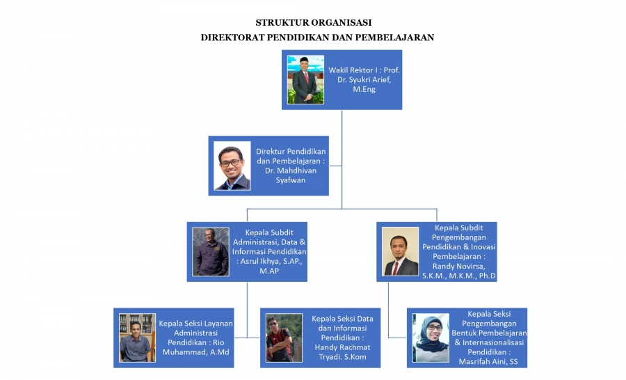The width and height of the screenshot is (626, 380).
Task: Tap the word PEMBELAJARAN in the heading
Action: pos(394,37)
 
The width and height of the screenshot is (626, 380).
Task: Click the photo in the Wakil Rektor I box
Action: pos(305,79)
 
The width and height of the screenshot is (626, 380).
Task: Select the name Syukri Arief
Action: pos(366,80)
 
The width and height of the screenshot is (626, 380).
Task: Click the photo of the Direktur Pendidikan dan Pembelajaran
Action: pos(232,166)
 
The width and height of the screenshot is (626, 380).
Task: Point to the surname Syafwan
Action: pos(290,180)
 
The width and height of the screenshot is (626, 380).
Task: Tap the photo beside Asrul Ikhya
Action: pos(211,251)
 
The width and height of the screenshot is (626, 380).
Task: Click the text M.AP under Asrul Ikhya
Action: pos(269,271)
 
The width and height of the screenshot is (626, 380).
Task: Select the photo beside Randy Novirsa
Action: pos(401,251)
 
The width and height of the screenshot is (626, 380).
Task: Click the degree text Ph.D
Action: pos(485,276)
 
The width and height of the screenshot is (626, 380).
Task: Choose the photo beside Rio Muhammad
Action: pos(137,337)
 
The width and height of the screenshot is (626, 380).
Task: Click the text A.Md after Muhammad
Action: pos(218,352)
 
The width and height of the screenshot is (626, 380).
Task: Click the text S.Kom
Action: pos(357,357)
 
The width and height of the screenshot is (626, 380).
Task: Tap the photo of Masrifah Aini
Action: pos(431,338)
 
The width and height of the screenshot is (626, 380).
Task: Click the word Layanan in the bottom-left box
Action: pos(215,323)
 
